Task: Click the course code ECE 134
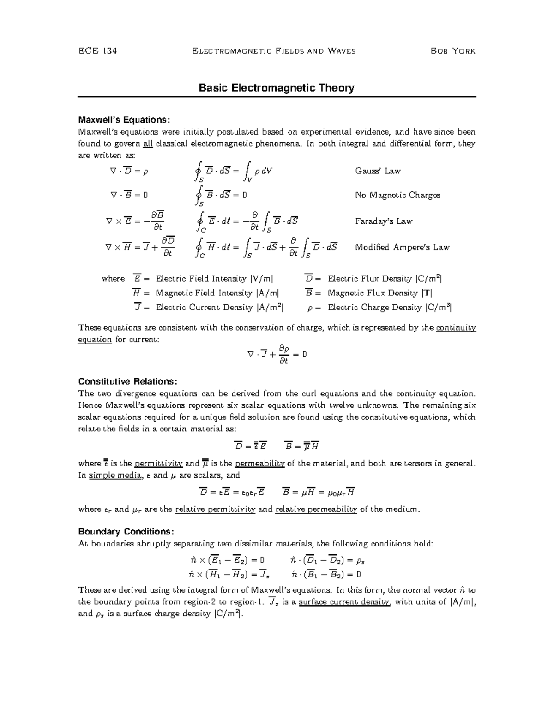97,51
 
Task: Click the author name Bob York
452,51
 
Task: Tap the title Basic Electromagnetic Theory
276,88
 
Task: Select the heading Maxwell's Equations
124,120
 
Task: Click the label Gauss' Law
377,171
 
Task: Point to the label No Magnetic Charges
397,195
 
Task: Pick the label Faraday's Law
383,221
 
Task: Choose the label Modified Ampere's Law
402,247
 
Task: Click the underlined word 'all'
148,144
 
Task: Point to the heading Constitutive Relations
127,382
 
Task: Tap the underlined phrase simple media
115,475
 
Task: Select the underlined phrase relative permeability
316,509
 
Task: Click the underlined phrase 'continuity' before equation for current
456,328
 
